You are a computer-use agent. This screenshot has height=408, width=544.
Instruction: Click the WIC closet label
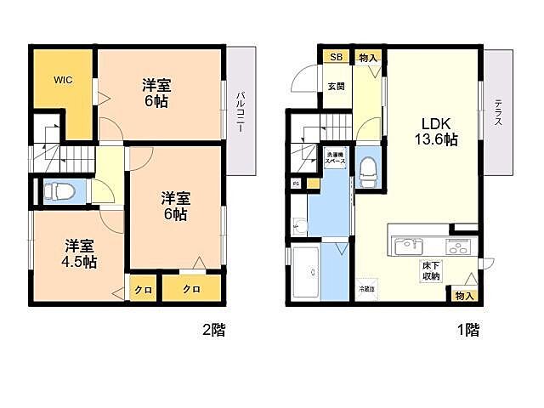(x=63, y=81)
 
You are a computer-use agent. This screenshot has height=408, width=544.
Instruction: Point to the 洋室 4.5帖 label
(x=78, y=254)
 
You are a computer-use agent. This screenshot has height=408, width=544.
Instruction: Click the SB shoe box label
(x=336, y=57)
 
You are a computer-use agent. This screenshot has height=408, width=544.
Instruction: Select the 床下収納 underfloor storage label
(x=431, y=271)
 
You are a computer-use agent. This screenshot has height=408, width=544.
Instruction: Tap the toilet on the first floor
(x=368, y=172)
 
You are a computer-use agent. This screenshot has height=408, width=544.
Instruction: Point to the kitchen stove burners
(x=458, y=248)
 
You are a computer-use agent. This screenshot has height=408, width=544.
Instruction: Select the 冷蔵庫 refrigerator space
(x=365, y=287)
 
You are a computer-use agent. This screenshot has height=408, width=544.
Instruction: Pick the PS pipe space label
(x=295, y=183)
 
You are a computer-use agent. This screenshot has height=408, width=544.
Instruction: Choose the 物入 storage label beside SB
(x=367, y=57)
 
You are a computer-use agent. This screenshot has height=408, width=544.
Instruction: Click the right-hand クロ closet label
(x=191, y=290)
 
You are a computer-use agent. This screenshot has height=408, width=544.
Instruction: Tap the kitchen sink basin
(x=403, y=248)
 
